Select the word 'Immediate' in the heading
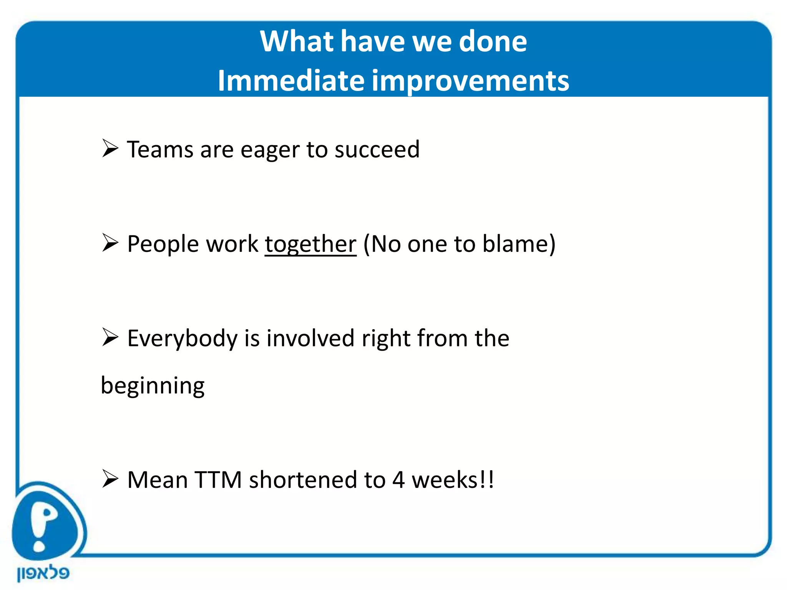point(291,81)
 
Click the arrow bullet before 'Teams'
point(110,149)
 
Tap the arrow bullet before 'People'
point(110,243)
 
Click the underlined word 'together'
point(310,244)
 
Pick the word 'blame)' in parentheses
point(519,244)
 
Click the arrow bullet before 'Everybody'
point(110,337)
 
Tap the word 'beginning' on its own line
point(153,386)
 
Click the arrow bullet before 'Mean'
point(110,479)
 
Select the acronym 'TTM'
point(218,480)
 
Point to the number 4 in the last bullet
point(398,480)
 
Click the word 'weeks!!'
point(453,480)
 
